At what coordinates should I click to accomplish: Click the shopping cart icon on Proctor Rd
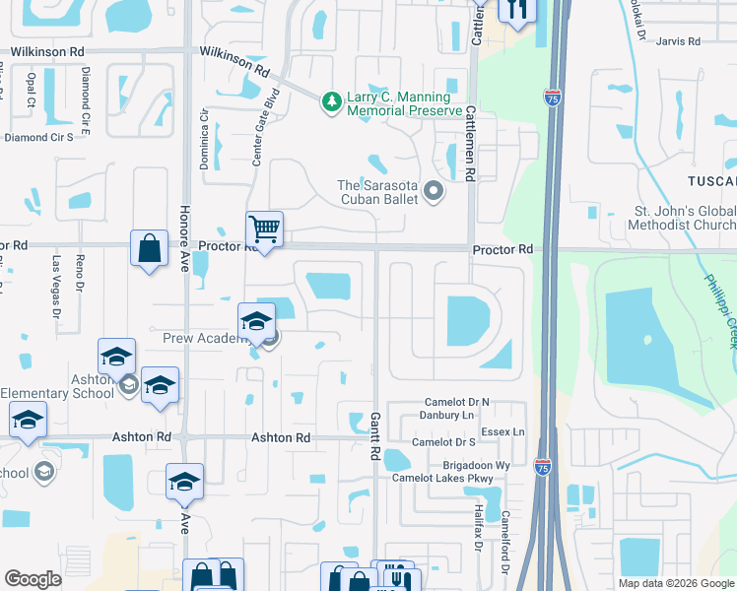click(x=264, y=230)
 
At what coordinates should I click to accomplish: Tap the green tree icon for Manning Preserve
click(x=332, y=99)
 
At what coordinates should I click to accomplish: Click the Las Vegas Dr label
click(x=56, y=286)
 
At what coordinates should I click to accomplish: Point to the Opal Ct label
click(x=32, y=89)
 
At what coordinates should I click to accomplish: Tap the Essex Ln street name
click(x=503, y=432)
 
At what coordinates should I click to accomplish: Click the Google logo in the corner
click(x=33, y=578)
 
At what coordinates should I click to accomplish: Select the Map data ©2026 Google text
click(x=675, y=583)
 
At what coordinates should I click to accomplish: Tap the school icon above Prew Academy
click(x=256, y=320)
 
